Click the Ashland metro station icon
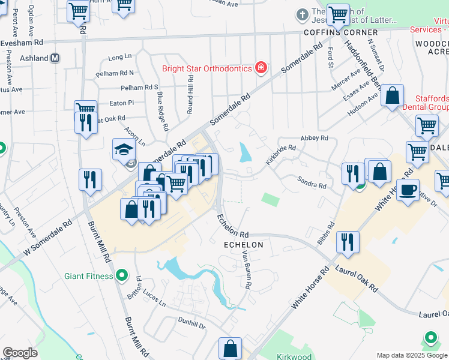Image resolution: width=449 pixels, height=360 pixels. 55,58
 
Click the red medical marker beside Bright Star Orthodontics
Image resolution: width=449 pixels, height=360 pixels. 261,67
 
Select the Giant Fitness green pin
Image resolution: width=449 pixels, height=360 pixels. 122,276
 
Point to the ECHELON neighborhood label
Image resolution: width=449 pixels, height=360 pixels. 243,245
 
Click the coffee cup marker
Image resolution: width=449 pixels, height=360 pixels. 408,190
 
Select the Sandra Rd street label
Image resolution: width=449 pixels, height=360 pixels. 312,182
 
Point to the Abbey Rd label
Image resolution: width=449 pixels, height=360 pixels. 315,137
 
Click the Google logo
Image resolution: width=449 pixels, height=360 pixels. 20,353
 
